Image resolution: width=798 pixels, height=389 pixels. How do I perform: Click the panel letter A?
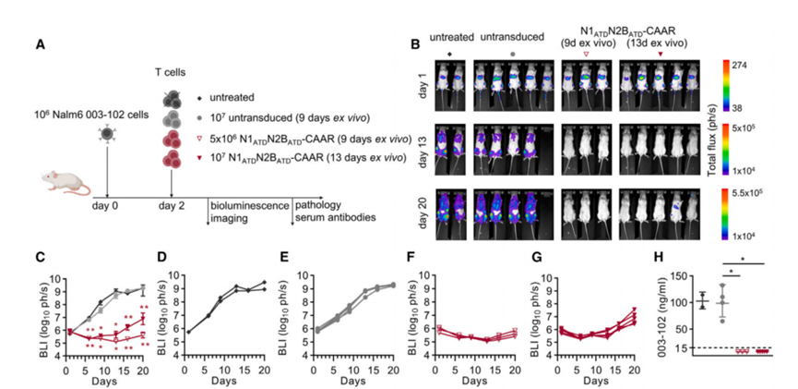(x=40, y=43)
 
